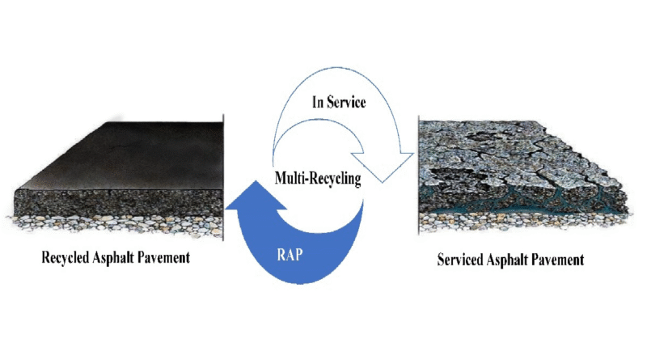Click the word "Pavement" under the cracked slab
coord(556,261)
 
